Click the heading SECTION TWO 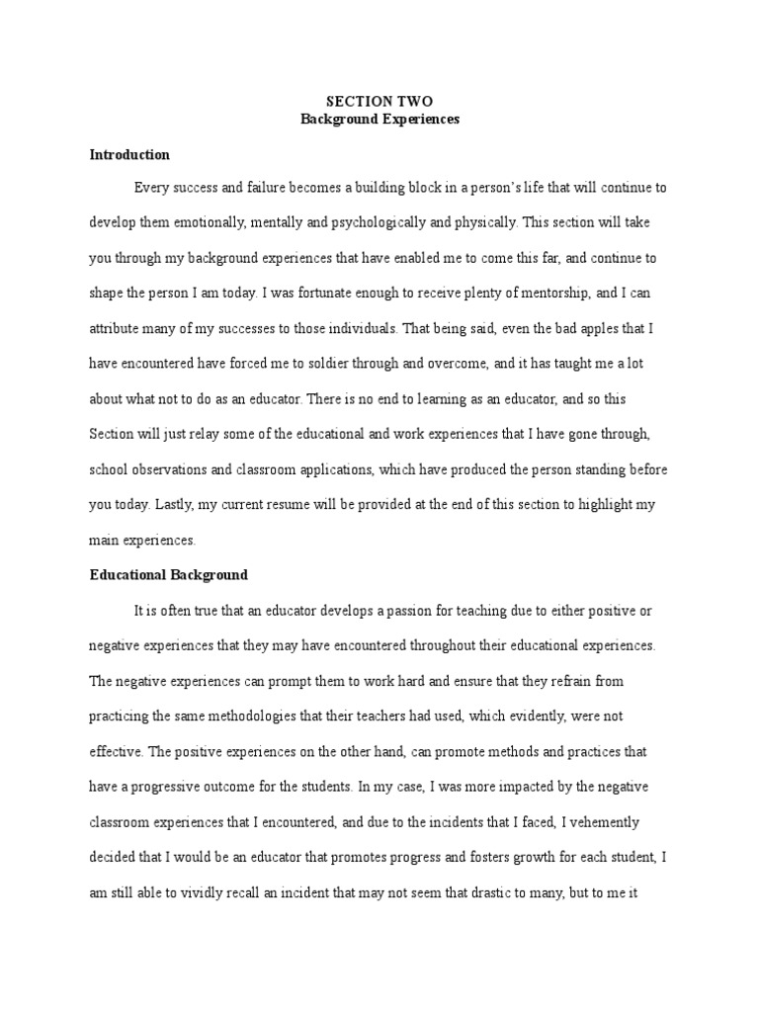click(379, 102)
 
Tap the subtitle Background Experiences click(379, 120)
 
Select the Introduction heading click(129, 155)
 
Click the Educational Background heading click(169, 574)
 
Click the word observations click(182, 469)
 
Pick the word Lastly click(171, 504)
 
